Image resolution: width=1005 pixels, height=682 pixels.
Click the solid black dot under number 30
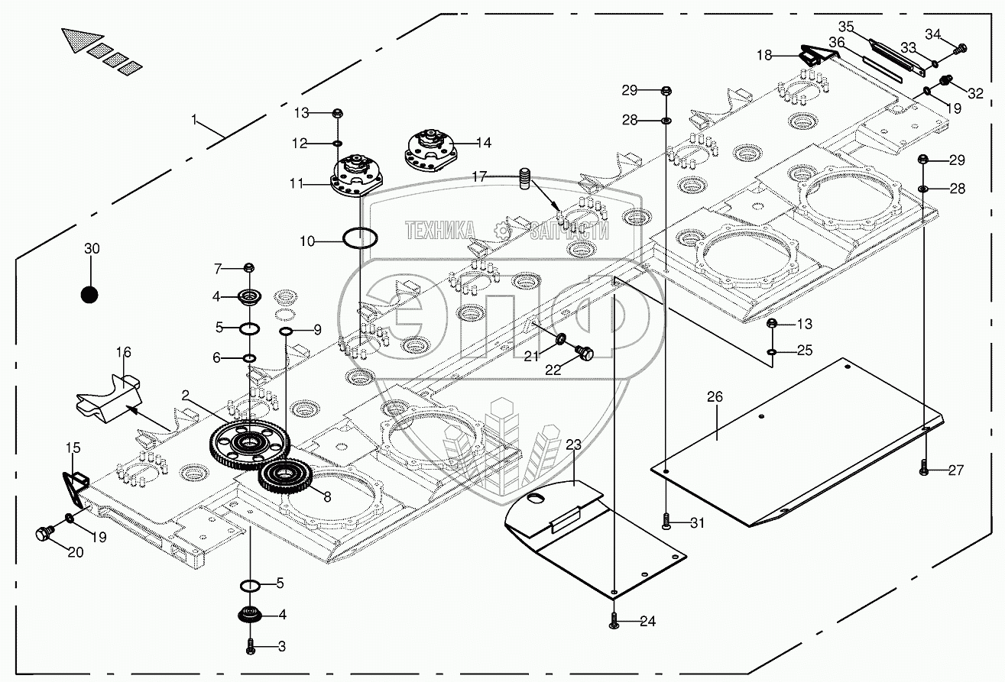point(90,294)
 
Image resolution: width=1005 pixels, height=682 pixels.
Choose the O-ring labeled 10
point(358,238)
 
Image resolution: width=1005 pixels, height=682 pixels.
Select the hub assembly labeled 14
point(429,149)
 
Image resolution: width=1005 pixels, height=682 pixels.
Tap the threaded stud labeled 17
point(525,179)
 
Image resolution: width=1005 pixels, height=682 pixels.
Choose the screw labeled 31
point(667,522)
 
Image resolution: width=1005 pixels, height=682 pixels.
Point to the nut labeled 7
point(248,267)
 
